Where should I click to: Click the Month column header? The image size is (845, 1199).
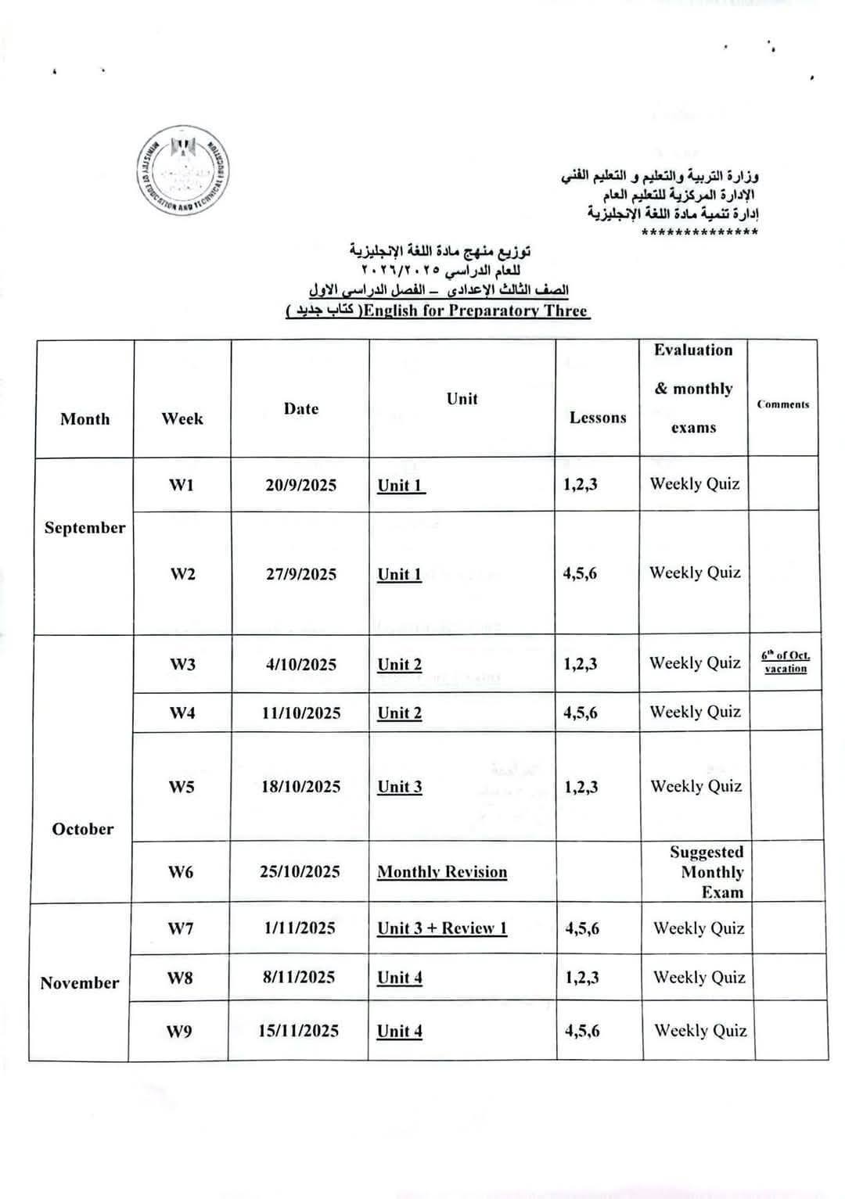84,419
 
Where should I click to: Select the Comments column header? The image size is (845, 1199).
782,404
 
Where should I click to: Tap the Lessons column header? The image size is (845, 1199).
598,418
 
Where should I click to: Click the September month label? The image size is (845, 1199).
84,528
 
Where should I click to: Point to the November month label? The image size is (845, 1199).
80,983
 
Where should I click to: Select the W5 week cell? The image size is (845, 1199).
182,787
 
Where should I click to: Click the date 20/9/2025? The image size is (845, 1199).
300,486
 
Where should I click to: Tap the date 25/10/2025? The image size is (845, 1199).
300,872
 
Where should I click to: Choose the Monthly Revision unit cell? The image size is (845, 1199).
442,872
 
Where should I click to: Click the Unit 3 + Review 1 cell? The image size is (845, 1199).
442,928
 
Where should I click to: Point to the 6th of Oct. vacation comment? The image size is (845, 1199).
786,662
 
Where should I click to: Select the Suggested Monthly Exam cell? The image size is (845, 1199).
707,872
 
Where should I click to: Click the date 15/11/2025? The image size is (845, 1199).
299,1031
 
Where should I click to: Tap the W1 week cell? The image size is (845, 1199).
182,486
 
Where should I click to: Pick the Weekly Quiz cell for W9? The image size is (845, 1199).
700,1031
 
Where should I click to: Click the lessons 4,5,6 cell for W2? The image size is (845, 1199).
580,574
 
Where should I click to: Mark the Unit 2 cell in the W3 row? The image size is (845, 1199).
399,665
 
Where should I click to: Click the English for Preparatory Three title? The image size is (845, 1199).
476,311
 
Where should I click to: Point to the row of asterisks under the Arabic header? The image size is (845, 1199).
699,232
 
